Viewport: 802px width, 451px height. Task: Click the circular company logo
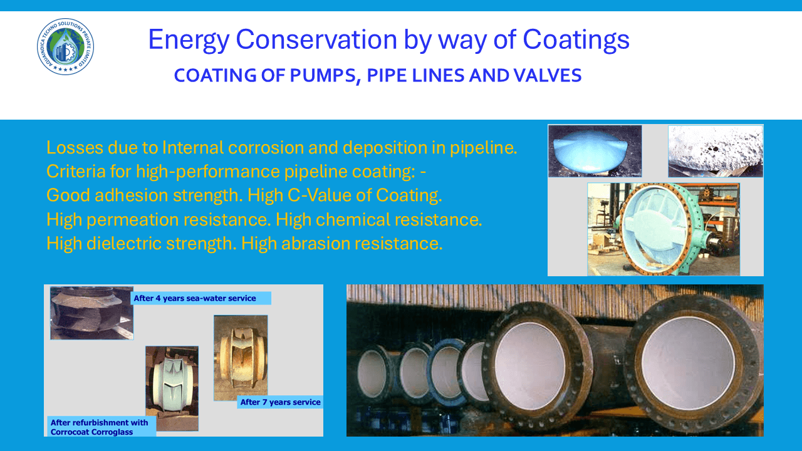point(66,47)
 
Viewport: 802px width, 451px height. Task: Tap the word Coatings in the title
point(576,40)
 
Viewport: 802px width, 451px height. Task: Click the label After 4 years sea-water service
point(195,298)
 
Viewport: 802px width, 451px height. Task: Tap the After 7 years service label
point(280,402)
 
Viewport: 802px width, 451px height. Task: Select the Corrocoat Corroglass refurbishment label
point(100,427)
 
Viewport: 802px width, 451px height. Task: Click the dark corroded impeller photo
point(91,313)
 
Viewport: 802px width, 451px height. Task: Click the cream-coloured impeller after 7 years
point(240,357)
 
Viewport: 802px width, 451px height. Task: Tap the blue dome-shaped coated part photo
point(595,150)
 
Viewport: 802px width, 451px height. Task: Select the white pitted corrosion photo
point(715,150)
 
